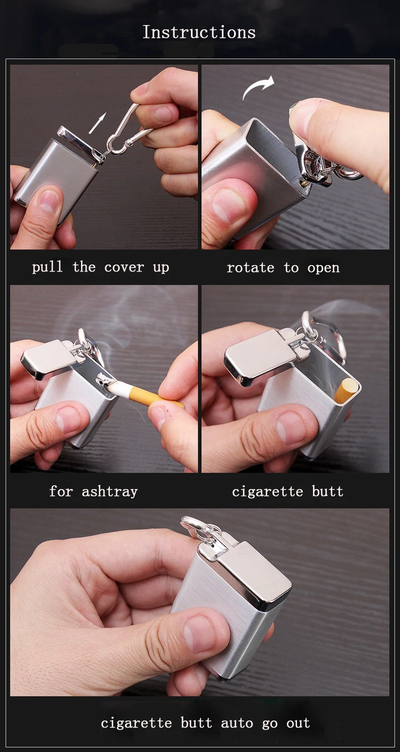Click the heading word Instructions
click(x=199, y=33)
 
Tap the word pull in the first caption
click(x=47, y=268)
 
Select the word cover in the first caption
click(x=124, y=268)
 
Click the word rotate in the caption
click(x=251, y=268)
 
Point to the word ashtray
click(x=110, y=492)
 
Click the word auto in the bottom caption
click(x=237, y=723)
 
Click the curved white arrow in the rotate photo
click(x=258, y=86)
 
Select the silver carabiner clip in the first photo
click(x=125, y=131)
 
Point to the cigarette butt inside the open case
click(x=345, y=389)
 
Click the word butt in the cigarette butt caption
click(x=327, y=492)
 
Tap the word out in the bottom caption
click(x=298, y=723)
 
